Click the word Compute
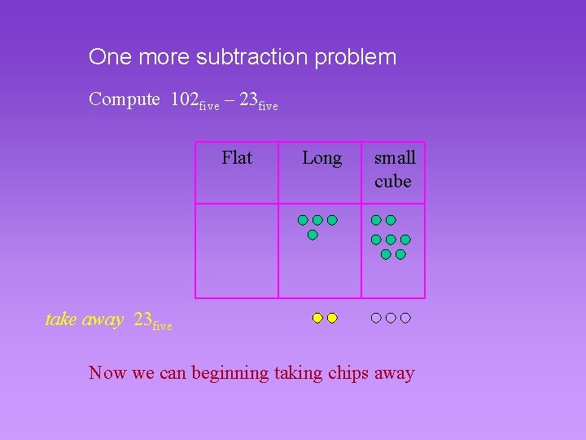tap(125, 99)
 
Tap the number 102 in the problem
tap(184, 99)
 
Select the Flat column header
tap(237, 157)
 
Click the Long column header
tap(321, 157)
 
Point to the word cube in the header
tap(392, 181)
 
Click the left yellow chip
tap(317, 318)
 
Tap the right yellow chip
tap(332, 318)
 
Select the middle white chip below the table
tap(391, 318)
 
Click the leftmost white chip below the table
tap(376, 318)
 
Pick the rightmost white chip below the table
tap(405, 318)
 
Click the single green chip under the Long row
tap(313, 235)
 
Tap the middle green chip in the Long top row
tap(317, 220)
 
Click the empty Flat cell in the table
tap(237, 250)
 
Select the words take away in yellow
tap(84, 319)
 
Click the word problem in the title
tap(359, 57)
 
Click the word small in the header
tap(395, 157)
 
